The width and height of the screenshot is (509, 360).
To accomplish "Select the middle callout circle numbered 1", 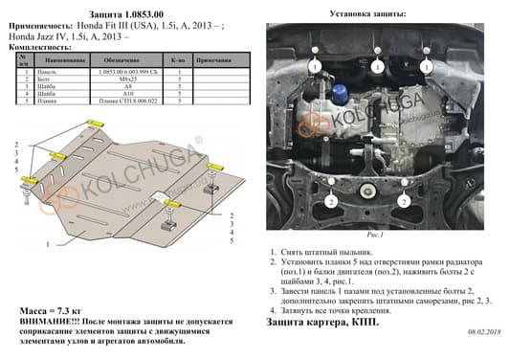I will [378, 68].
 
